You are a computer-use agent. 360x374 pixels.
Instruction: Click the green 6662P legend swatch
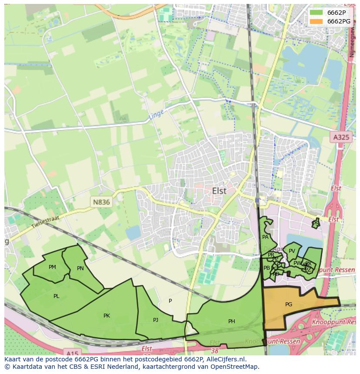317,13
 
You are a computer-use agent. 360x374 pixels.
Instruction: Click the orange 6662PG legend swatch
317,21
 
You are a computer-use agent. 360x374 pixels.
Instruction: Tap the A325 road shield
341,137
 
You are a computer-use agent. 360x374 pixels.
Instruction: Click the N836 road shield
101,202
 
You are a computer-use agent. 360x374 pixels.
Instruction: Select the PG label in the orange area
289,304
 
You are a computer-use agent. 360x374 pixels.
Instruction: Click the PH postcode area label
232,321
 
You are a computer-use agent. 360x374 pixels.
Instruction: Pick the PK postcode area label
107,316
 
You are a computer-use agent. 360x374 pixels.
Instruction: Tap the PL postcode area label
56,296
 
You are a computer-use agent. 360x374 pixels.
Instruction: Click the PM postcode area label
52,267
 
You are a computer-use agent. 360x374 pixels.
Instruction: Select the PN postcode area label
80,268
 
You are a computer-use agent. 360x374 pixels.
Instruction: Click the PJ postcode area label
156,320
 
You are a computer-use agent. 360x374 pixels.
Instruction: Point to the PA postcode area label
265,237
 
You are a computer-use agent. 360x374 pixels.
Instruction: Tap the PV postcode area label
292,251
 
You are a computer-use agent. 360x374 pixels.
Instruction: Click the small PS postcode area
316,223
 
